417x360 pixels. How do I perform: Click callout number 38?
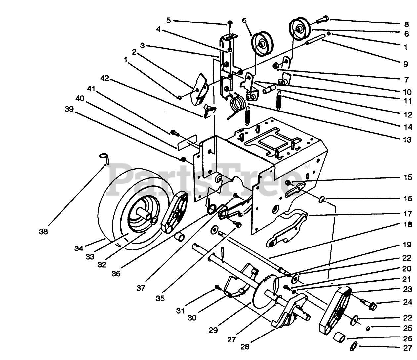coord(43,232)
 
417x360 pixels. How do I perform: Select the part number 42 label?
coord(104,79)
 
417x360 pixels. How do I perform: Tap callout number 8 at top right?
coord(406,24)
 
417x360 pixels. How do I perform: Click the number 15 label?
coord(408,177)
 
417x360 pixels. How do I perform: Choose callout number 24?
coord(408,302)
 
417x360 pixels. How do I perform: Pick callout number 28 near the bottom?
coord(245,347)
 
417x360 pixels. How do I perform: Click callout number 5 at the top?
coord(168,21)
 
